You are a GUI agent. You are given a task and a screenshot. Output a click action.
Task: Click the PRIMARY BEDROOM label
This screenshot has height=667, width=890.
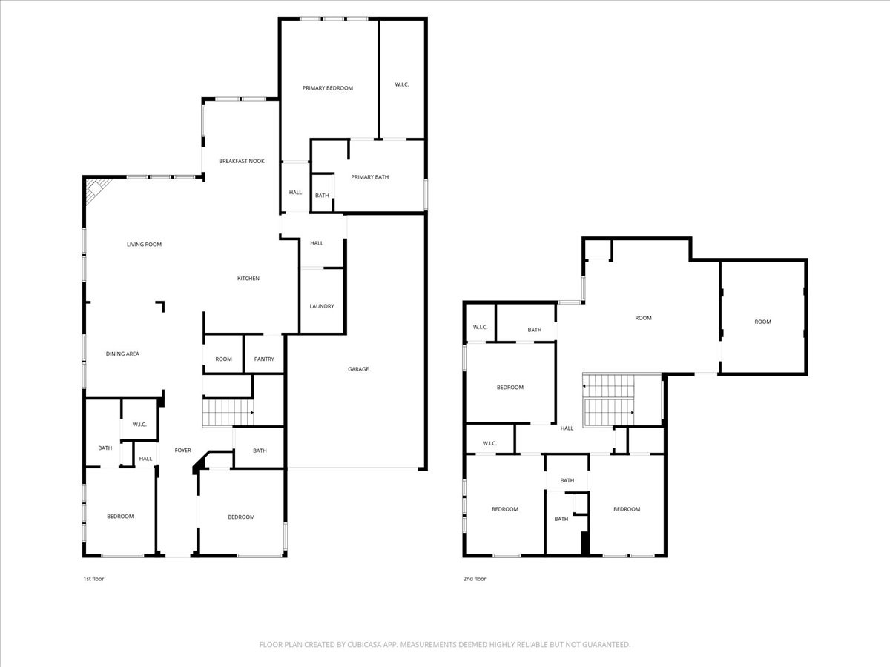pos(327,88)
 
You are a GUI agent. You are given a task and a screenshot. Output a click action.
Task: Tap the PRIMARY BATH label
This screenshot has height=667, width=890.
pos(369,177)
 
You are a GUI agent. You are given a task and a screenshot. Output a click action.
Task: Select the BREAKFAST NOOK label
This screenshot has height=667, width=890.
pos(241,161)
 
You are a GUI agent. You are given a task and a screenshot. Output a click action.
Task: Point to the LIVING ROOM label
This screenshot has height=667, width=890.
pos(144,245)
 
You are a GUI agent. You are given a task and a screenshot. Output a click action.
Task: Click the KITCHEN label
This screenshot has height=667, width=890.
pos(248,279)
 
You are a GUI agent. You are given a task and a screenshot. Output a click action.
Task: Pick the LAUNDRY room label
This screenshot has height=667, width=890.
pos(321,306)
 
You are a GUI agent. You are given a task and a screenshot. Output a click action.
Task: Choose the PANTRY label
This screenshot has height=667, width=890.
pos(264,359)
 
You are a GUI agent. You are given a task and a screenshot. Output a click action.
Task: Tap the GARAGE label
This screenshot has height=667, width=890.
pos(358,369)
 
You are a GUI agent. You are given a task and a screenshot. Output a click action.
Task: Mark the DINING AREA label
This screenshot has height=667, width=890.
pos(122,354)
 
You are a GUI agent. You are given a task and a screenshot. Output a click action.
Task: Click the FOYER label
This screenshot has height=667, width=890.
pos(182,451)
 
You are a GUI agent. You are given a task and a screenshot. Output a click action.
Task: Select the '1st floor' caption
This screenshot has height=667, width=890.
pos(93,579)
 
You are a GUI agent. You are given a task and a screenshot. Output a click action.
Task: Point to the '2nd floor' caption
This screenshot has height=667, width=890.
pos(475,579)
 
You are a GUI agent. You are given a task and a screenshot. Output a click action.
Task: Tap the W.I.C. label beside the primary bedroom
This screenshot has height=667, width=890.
pos(401,84)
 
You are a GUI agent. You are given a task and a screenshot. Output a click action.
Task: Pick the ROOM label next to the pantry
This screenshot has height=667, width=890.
pos(223,359)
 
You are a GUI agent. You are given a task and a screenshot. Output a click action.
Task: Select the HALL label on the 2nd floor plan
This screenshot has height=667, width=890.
pos(567,428)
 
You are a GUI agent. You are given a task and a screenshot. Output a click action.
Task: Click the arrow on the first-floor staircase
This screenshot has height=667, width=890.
pos(253,413)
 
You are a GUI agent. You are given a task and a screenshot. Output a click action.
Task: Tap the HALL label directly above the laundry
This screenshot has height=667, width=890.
pos(317,243)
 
